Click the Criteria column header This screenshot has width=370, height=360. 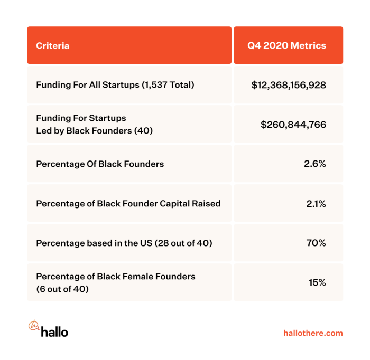click(53, 45)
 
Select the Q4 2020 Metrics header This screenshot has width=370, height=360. click(287, 45)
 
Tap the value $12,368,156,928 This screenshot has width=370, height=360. click(289, 84)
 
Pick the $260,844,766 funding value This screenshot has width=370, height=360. click(293, 125)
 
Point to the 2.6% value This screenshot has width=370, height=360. click(315, 164)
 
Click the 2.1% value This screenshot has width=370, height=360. click(316, 203)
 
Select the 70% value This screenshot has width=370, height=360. click(316, 243)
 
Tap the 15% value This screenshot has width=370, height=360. click(317, 282)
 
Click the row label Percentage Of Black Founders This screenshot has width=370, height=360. click(100, 164)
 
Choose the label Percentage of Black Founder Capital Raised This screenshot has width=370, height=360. click(128, 203)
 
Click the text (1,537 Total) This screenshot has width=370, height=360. click(168, 84)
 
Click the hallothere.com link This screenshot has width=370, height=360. click(313, 333)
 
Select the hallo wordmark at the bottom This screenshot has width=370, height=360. click(54, 331)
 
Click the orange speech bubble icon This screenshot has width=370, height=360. click(33, 326)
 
